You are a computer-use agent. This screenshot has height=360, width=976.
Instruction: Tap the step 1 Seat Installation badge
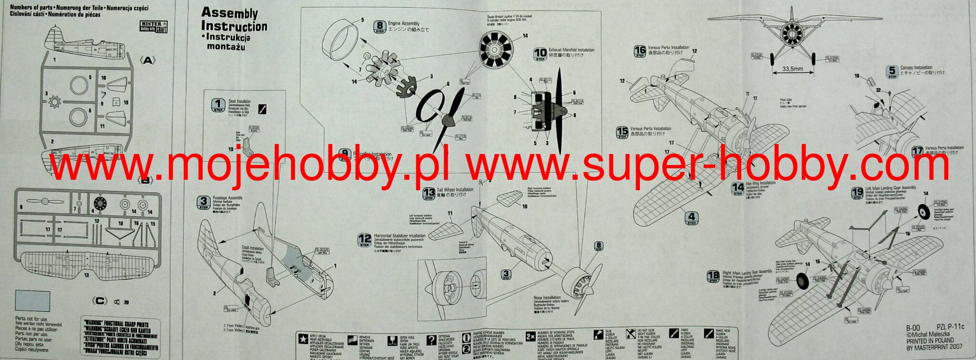pos(218,105)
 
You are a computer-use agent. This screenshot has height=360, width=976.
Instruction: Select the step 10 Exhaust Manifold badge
pos(540,54)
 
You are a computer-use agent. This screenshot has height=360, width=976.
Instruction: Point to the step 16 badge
pos(640,51)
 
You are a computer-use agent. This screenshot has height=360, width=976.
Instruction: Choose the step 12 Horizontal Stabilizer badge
pos(365,240)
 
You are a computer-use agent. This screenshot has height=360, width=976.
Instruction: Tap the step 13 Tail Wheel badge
pos(429,194)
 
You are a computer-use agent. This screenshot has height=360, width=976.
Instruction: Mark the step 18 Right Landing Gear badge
pos(713,276)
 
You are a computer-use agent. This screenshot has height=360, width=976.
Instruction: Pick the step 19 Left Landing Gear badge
pos(857,193)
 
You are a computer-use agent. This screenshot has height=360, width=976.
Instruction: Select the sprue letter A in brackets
pos(148,61)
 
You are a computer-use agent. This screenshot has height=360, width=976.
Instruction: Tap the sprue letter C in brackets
pos(99,301)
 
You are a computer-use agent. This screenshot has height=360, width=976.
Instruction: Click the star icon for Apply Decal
pos(301,338)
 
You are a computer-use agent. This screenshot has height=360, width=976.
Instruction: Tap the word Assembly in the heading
pos(229,13)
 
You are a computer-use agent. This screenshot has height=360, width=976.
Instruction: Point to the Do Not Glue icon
pos(630,334)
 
